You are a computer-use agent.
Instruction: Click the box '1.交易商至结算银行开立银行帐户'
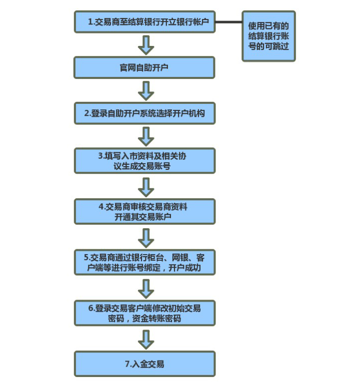[x=144, y=22]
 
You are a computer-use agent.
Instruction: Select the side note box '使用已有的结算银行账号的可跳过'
[x=268, y=36]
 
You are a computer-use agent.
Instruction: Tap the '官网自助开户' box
[x=144, y=67]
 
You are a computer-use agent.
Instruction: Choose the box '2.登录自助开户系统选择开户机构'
[x=144, y=114]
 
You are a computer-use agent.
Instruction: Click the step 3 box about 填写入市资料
[x=144, y=161]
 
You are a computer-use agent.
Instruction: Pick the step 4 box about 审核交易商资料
[x=144, y=211]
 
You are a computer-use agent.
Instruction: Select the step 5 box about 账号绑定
[x=144, y=262]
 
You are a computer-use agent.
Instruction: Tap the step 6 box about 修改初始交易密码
[x=144, y=313]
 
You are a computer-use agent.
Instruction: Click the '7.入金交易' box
[x=144, y=364]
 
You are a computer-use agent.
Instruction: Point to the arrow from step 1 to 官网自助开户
[x=145, y=45]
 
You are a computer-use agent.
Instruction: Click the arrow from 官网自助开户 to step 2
[x=145, y=91]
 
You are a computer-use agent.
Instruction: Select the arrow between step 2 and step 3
[x=145, y=137]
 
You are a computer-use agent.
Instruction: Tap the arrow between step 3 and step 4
[x=145, y=187]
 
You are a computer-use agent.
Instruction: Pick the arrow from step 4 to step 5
[x=145, y=238]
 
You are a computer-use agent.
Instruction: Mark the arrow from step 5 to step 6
[x=145, y=288]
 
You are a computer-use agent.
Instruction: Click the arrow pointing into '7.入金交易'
[x=145, y=339]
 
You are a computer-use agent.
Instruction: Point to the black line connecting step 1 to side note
[x=228, y=22]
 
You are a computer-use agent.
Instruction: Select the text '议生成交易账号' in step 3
[x=142, y=166]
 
